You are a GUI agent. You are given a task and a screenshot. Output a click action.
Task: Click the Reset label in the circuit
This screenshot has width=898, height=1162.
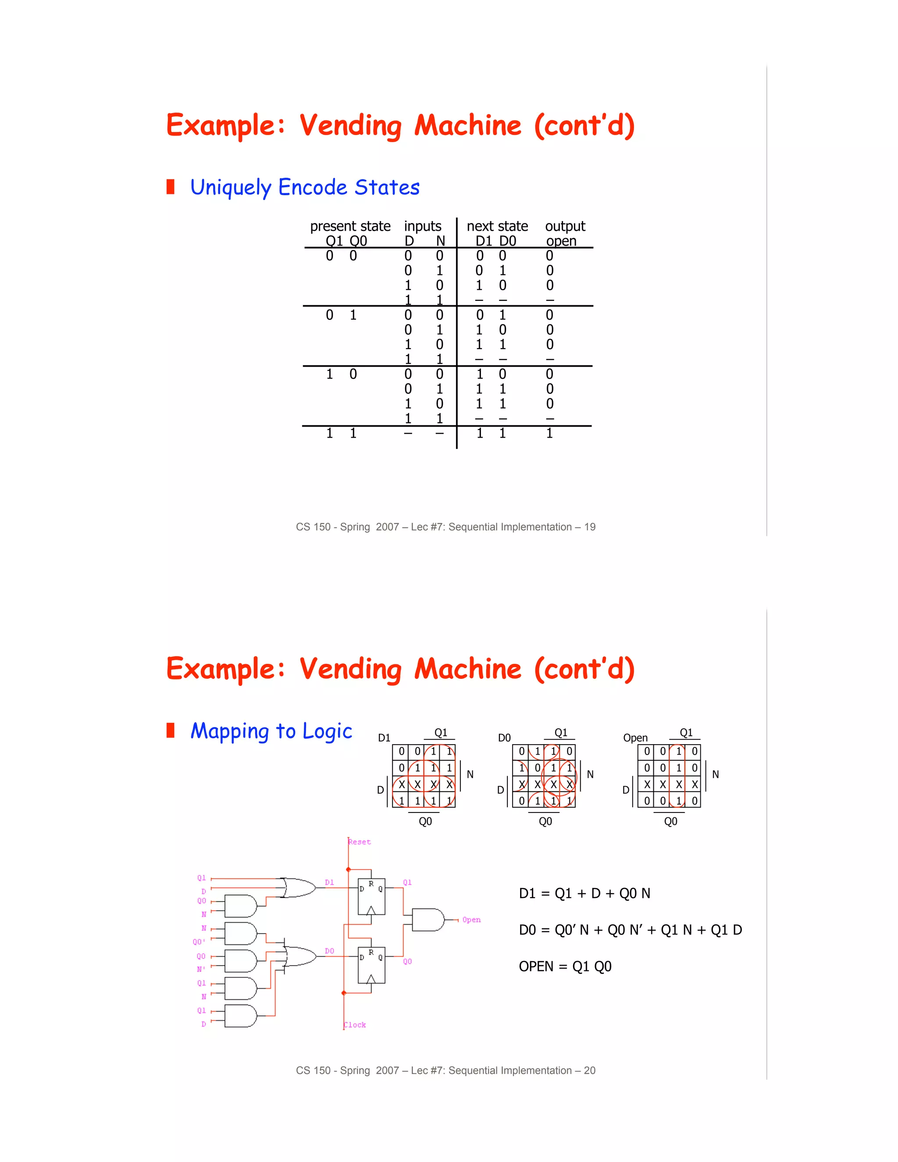pyautogui.click(x=360, y=842)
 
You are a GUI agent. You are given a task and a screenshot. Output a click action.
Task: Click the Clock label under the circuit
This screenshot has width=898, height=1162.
pyautogui.click(x=355, y=1025)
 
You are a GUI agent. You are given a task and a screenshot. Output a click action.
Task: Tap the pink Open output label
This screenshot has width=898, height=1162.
pyautogui.click(x=471, y=920)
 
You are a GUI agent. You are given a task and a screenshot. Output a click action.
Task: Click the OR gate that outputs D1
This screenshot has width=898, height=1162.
pyautogui.click(x=298, y=888)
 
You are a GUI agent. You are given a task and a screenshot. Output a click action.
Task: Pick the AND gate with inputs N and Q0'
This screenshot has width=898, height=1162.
pyautogui.click(x=240, y=934)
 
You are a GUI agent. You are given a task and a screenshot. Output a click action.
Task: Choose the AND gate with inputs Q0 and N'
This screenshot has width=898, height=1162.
pyautogui.click(x=240, y=961)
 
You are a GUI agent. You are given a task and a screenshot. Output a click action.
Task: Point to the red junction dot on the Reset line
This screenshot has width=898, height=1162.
pyautogui.click(x=349, y=870)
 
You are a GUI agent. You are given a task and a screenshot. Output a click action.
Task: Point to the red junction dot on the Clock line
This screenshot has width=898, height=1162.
pyautogui.click(x=344, y=993)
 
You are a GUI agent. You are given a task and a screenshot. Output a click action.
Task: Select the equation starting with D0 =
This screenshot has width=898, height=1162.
pyautogui.click(x=630, y=930)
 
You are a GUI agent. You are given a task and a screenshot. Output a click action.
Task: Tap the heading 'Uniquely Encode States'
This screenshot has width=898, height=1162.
pyautogui.click(x=305, y=187)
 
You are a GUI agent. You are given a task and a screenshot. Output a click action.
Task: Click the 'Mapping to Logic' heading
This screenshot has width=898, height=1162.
pyautogui.click(x=271, y=731)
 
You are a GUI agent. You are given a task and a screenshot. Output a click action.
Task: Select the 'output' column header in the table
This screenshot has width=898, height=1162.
pyautogui.click(x=565, y=226)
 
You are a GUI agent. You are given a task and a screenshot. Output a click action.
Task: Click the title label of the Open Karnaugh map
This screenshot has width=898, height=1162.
pyautogui.click(x=635, y=738)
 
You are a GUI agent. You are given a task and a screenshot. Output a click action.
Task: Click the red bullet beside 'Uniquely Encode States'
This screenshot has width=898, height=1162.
pyautogui.click(x=170, y=187)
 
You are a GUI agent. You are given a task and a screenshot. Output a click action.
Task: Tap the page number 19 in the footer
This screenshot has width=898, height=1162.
pyautogui.click(x=589, y=527)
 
